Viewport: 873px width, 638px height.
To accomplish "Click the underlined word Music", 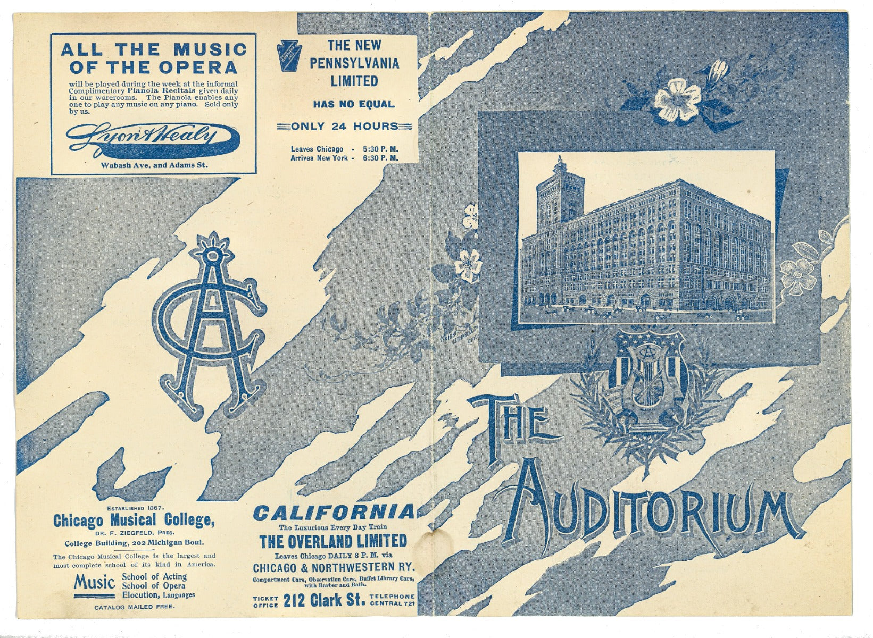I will tap(94, 583).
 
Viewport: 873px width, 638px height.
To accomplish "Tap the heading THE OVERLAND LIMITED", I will tap(333, 541).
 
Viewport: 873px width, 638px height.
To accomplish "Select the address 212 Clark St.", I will tap(324, 601).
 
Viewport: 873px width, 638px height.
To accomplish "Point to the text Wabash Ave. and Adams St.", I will tap(154, 165).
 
